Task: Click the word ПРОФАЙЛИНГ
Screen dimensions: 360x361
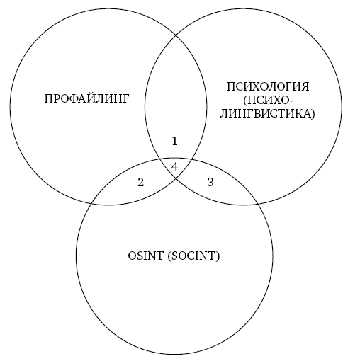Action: pos(86,98)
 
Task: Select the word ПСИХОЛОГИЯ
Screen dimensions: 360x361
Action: pos(268,86)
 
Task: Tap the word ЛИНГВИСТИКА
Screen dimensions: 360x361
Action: pos(266,113)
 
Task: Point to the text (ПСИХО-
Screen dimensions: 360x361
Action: pos(268,101)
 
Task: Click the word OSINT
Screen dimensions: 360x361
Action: pos(145,256)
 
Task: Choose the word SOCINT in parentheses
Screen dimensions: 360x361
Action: pos(193,256)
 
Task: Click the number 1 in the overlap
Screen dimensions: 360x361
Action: pos(174,141)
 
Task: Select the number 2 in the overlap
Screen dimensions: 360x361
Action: pos(140,182)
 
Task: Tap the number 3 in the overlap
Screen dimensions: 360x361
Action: pos(210,182)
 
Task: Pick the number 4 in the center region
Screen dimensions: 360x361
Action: pos(174,167)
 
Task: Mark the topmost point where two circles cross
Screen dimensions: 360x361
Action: pos(176,35)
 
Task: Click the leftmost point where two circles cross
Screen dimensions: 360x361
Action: pos(91,203)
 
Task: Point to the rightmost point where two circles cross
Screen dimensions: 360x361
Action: pos(258,203)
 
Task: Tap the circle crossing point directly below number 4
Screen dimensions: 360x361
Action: pos(176,178)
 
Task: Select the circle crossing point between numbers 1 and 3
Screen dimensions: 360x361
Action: pos(191,159)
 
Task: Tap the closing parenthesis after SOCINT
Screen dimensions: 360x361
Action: pos(218,256)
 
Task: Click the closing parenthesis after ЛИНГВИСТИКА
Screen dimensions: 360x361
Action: pos(313,114)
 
